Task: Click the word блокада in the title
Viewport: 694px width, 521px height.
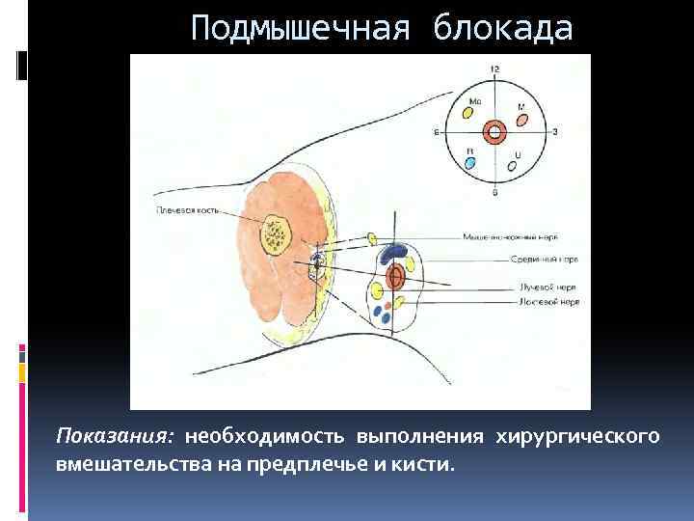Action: pos(503,29)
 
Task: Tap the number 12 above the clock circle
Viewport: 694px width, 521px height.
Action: pos(494,69)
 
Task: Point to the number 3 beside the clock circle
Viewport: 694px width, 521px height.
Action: pos(555,131)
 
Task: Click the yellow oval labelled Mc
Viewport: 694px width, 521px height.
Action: pos(468,112)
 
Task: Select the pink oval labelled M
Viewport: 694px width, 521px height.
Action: pos(521,122)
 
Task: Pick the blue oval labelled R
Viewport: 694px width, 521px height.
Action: pos(470,163)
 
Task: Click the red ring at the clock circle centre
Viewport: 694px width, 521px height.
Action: pos(494,132)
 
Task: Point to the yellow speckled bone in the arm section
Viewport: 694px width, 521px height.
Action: pos(278,233)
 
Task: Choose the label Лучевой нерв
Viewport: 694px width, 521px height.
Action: pos(547,287)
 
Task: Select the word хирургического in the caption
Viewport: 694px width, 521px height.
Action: pos(577,436)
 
